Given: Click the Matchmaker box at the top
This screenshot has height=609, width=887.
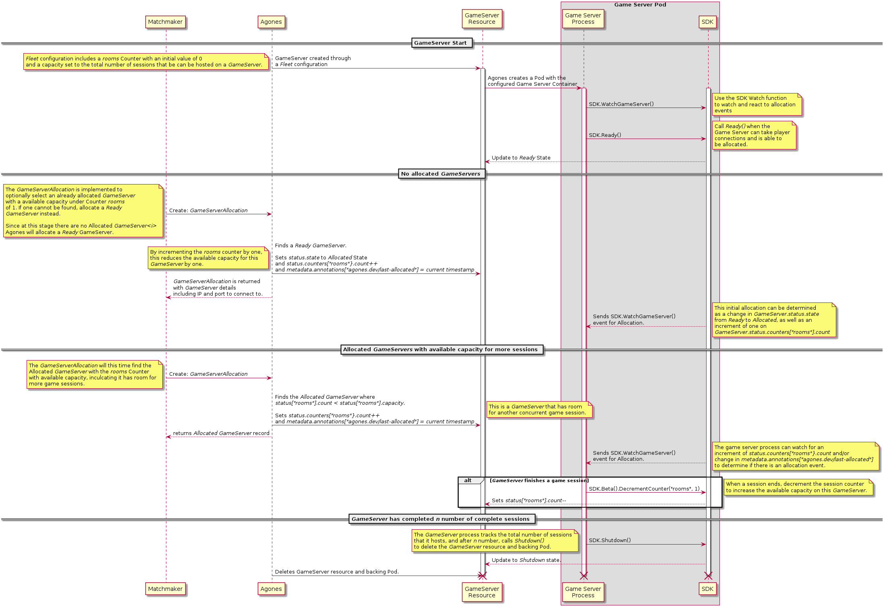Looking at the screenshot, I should tap(165, 22).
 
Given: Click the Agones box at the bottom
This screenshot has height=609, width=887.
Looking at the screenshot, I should tap(271, 589).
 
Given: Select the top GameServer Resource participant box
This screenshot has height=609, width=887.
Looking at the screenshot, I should tap(482, 19).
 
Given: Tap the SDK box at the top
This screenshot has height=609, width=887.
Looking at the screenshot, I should tap(707, 22).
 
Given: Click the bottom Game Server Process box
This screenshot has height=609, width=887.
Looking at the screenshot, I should tap(583, 592).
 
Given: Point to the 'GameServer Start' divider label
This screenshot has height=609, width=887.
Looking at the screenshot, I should tap(440, 43).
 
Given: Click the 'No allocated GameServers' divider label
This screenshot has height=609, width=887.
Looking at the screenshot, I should tap(441, 174).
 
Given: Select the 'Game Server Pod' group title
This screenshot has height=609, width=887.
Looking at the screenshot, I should tap(640, 5).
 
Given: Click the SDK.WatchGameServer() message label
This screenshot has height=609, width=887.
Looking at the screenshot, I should tap(621, 104).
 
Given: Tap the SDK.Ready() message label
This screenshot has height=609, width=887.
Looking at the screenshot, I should tap(605, 135).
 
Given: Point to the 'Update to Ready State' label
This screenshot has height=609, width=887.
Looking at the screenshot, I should tap(521, 158).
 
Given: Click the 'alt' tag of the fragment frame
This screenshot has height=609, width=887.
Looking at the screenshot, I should tap(468, 481).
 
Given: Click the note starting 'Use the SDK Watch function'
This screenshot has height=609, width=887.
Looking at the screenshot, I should tap(756, 104).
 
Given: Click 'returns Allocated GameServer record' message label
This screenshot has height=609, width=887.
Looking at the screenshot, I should tap(221, 433).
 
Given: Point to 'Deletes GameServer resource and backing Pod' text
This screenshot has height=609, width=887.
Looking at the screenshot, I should tap(337, 572).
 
